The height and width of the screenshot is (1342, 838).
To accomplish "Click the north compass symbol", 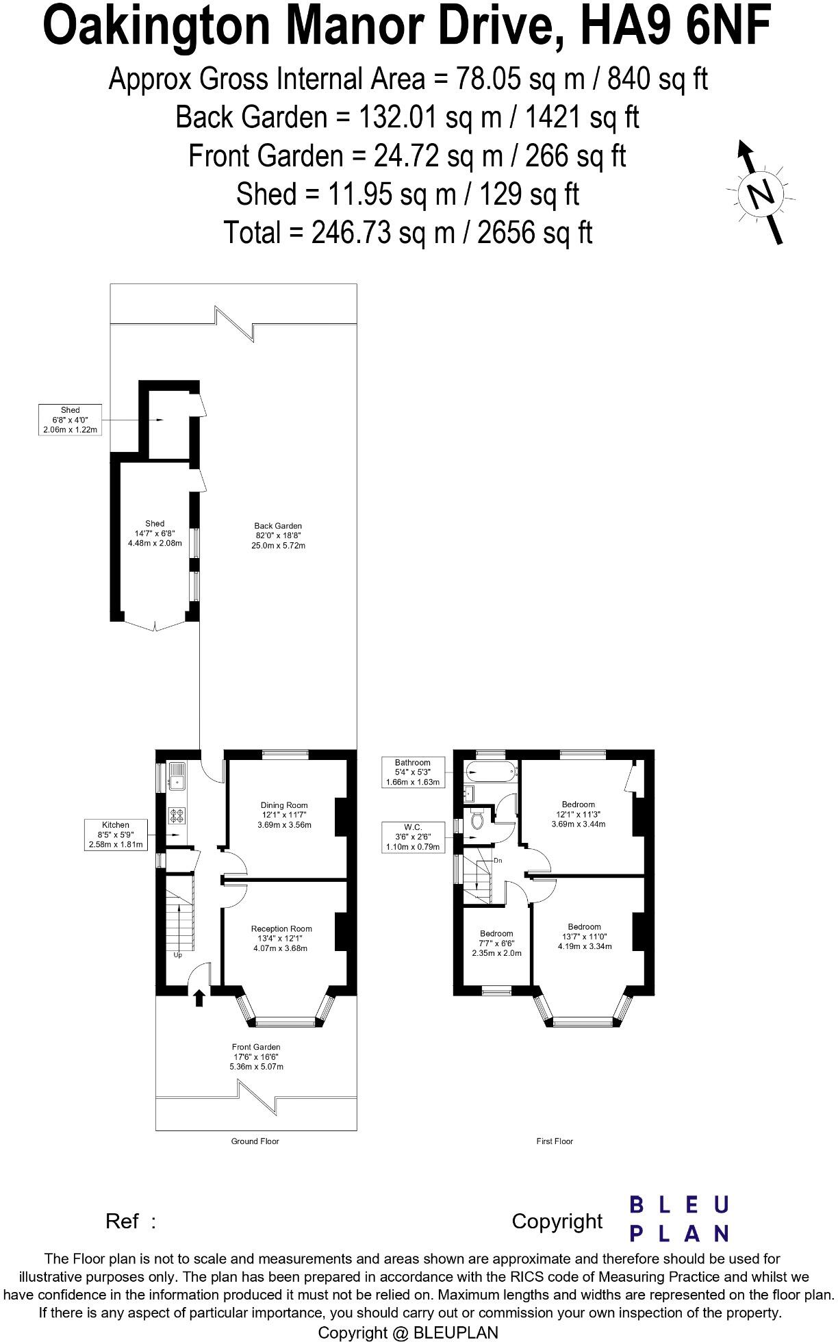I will click(761, 193).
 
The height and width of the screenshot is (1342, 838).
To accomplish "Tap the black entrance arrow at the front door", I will click(199, 998).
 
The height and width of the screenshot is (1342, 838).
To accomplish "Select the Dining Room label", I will click(284, 815).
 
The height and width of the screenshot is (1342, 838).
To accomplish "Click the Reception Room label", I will click(281, 939).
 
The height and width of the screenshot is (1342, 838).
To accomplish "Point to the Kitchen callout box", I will click(116, 835).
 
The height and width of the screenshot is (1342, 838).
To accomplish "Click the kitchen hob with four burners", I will click(177, 815).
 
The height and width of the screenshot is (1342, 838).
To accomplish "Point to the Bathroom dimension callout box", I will click(413, 772).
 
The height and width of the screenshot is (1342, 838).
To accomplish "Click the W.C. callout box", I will click(413, 837).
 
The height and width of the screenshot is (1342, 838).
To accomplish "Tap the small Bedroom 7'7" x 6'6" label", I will click(496, 943).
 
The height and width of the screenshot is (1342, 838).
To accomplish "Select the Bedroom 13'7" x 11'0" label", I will click(584, 936).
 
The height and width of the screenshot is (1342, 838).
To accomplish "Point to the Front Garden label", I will click(256, 1056).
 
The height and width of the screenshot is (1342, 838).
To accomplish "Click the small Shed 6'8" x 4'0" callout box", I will click(70, 420).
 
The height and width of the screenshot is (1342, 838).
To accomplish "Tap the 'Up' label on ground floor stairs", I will click(178, 955).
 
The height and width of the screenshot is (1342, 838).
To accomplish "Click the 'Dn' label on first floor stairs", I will click(498, 860).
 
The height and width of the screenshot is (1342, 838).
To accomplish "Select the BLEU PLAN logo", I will click(678, 1219).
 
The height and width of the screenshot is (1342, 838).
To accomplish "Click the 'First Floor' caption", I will click(555, 1141).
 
